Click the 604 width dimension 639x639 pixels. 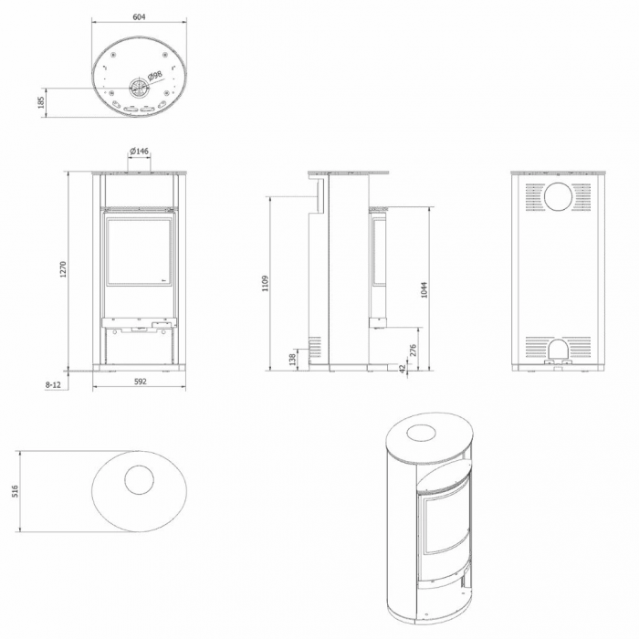tap(139, 17)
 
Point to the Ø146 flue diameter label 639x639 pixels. tap(139, 151)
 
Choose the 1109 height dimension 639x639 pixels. tap(265, 283)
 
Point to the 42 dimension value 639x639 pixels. tap(403, 368)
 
